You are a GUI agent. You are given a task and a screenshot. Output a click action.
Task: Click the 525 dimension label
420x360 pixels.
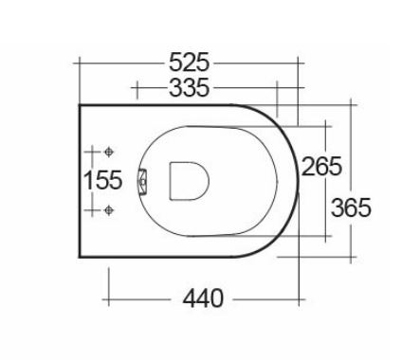(189, 63)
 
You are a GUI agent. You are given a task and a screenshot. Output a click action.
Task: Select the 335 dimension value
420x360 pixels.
(189, 87)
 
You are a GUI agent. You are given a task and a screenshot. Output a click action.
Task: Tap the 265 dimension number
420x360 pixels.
(321, 166)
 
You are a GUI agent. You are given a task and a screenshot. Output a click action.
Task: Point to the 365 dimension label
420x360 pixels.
(351, 207)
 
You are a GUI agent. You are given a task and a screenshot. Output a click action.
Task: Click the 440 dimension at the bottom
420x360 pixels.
(203, 298)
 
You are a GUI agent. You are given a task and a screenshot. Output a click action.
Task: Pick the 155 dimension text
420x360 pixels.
(102, 180)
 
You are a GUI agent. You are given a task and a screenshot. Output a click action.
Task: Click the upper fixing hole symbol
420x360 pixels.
(109, 152)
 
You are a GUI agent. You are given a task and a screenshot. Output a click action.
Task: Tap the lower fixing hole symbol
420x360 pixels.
(109, 210)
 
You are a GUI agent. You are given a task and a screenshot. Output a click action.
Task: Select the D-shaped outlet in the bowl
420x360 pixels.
(189, 181)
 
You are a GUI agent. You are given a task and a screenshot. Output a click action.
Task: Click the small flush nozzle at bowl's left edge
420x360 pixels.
(143, 182)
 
